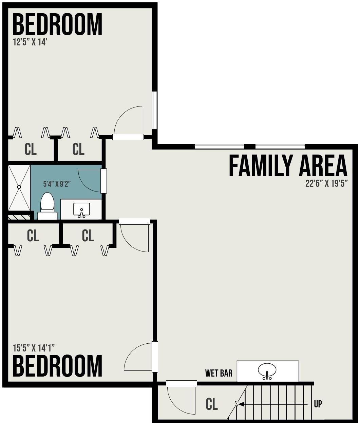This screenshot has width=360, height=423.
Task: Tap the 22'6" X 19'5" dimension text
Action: [327, 184]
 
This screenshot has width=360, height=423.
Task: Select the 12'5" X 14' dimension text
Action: [30, 42]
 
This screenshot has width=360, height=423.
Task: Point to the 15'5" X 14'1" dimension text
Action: [34, 348]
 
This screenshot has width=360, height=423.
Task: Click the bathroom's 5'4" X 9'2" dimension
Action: [57, 184]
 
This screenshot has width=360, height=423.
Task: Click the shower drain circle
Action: [19, 187]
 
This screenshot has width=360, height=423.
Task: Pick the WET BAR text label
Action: [219, 373]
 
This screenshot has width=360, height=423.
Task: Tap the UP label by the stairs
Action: [318, 404]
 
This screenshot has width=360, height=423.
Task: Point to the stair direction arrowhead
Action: [241, 404]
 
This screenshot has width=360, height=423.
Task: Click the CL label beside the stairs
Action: [212, 404]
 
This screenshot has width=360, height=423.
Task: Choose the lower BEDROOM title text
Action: [58, 366]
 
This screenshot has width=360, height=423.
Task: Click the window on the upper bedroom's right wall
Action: [155, 110]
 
